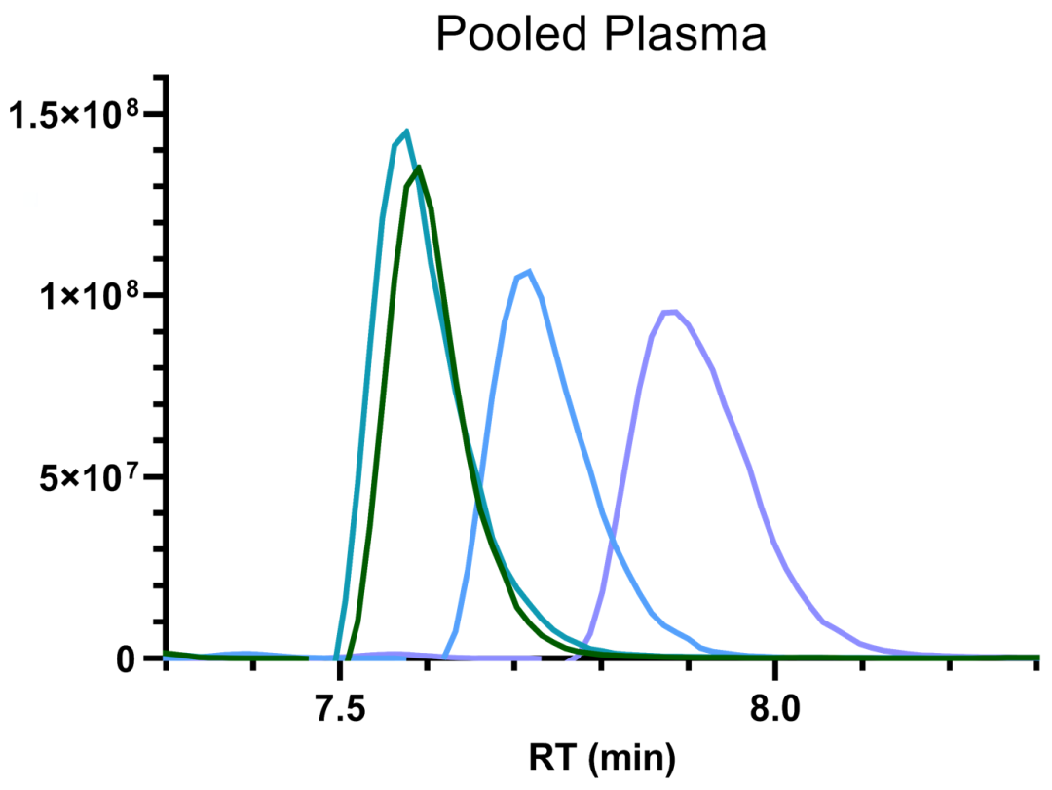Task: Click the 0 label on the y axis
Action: click(125, 659)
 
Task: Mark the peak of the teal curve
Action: click(406, 131)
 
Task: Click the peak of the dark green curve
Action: click(419, 168)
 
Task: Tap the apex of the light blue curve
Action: click(529, 271)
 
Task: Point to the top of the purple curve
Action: click(671, 312)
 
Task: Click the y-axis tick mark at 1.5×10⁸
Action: click(154, 113)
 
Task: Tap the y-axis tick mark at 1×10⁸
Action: click(154, 295)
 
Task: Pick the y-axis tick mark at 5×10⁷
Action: click(154, 477)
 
